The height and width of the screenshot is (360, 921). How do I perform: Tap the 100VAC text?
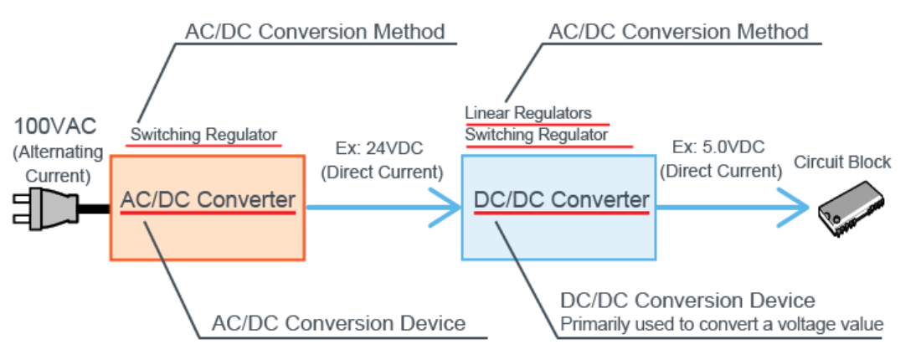(55, 128)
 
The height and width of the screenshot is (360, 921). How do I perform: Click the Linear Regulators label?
(528, 113)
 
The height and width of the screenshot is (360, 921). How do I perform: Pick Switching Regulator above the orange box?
(203, 134)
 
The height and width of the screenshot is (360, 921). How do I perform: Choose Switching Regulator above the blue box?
(537, 134)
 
